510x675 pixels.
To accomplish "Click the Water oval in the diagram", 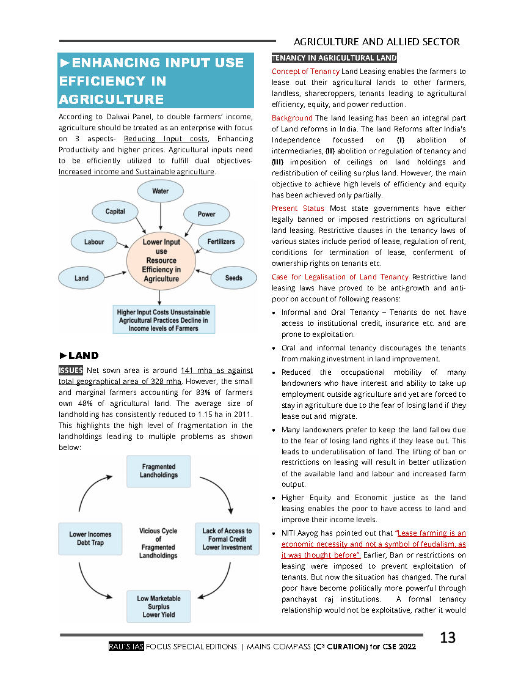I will point(161,191).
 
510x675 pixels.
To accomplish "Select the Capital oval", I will point(115,212).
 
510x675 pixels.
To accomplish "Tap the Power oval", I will point(206,214).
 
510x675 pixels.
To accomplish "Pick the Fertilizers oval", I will point(220,242).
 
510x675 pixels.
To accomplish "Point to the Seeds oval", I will point(233,278).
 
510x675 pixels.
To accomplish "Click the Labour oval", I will point(94,242).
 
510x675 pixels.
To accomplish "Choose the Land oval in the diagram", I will point(82,278).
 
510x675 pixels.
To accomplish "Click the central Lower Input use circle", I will point(161,260).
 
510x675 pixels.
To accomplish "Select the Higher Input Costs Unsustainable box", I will point(162,320).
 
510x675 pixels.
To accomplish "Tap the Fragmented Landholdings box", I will point(158,471).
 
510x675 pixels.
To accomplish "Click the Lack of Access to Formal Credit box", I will point(227,539).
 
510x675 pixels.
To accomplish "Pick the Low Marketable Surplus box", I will point(159,607).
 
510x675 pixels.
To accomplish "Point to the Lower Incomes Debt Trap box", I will point(90,539).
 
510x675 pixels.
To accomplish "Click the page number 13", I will point(448,638).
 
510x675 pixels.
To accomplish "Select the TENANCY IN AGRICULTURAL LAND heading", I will point(334,58).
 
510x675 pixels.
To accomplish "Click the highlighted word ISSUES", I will point(71,370).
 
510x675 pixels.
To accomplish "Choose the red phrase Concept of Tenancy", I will point(305,72).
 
